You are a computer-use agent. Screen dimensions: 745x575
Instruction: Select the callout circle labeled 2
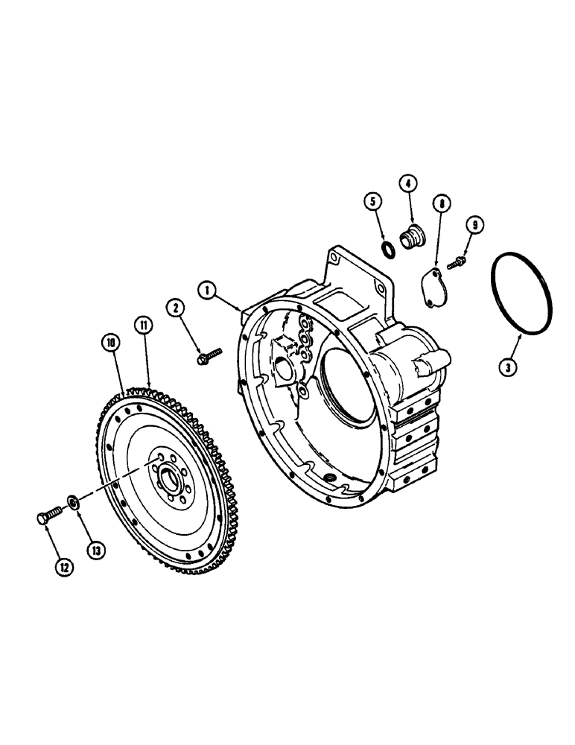pyautogui.click(x=176, y=306)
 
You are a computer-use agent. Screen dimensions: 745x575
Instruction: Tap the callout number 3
pyautogui.click(x=509, y=366)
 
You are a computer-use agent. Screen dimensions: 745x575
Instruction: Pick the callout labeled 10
pyautogui.click(x=112, y=343)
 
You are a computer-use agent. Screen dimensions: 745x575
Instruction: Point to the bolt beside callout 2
pyautogui.click(x=208, y=356)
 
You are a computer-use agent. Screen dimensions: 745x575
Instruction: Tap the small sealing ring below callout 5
pyautogui.click(x=389, y=248)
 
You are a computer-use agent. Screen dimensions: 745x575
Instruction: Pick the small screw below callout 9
pyautogui.click(x=456, y=262)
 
